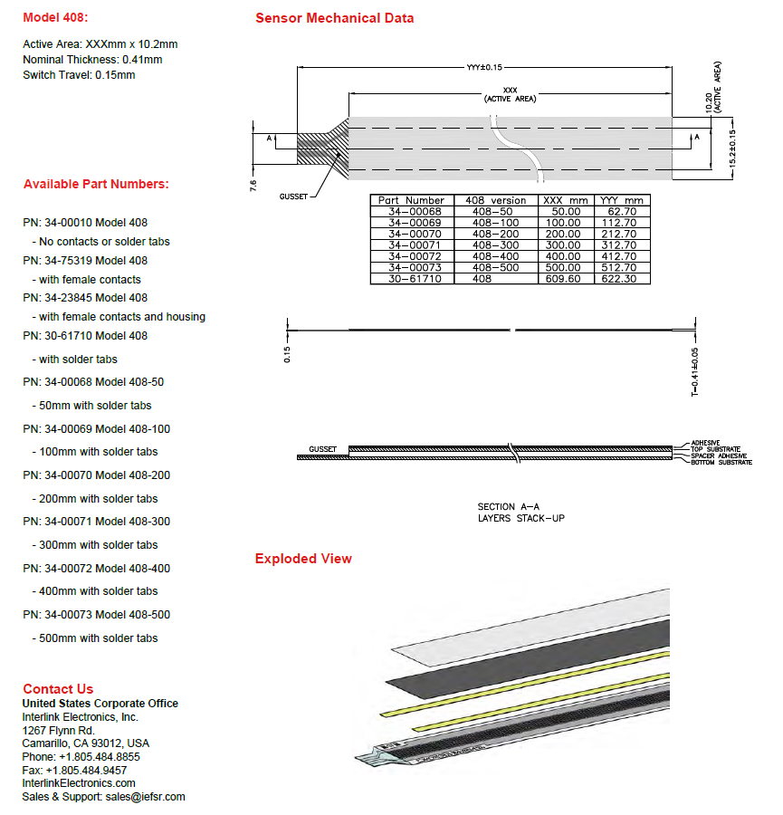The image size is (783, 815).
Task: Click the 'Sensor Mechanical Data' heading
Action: pyautogui.click(x=334, y=18)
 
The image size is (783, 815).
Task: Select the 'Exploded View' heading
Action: pyautogui.click(x=303, y=559)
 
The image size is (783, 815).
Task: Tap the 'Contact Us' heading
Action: pyautogui.click(x=58, y=689)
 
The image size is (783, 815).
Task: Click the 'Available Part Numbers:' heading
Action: pyautogui.click(x=96, y=185)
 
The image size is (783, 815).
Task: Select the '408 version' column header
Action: pyautogui.click(x=495, y=200)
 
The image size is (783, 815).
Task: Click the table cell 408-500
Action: pyautogui.click(x=495, y=268)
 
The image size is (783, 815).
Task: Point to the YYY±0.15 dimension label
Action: pyautogui.click(x=484, y=67)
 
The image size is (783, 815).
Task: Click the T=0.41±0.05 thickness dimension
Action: pyautogui.click(x=695, y=367)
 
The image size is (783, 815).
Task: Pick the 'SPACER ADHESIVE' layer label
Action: pyautogui.click(x=719, y=455)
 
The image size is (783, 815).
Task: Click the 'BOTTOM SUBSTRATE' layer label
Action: pyautogui.click(x=721, y=463)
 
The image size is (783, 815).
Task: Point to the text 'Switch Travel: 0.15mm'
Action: pyautogui.click(x=79, y=75)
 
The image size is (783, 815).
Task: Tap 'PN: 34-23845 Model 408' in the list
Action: pyautogui.click(x=85, y=298)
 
